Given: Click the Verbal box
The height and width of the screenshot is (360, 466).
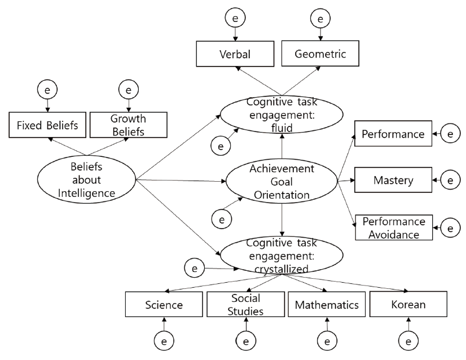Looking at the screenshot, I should pos(235,54).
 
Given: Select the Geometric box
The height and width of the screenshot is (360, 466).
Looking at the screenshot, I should pos(320,54).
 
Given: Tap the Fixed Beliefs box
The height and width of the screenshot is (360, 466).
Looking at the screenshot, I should pos(47,125).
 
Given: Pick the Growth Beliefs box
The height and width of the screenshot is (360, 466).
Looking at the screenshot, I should pos(128,125).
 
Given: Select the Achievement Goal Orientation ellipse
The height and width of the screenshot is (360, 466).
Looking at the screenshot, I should pos(280,182).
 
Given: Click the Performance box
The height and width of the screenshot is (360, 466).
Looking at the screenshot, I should pos(393,134).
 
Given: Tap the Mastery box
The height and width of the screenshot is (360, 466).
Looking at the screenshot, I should pos(393,181).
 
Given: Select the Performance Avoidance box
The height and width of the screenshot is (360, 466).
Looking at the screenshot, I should pos(393,227).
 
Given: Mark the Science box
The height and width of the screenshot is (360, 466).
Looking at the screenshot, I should pos(164,305).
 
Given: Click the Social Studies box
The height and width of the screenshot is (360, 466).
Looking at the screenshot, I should pos(245,305).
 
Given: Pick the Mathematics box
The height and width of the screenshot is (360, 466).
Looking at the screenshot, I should pos(327,305).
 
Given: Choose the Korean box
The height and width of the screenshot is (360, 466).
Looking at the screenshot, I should pos(408,305).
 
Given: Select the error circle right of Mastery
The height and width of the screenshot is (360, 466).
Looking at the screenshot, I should pos(450,181).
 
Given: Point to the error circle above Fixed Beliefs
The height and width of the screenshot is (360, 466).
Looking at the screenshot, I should pos(47,89).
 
